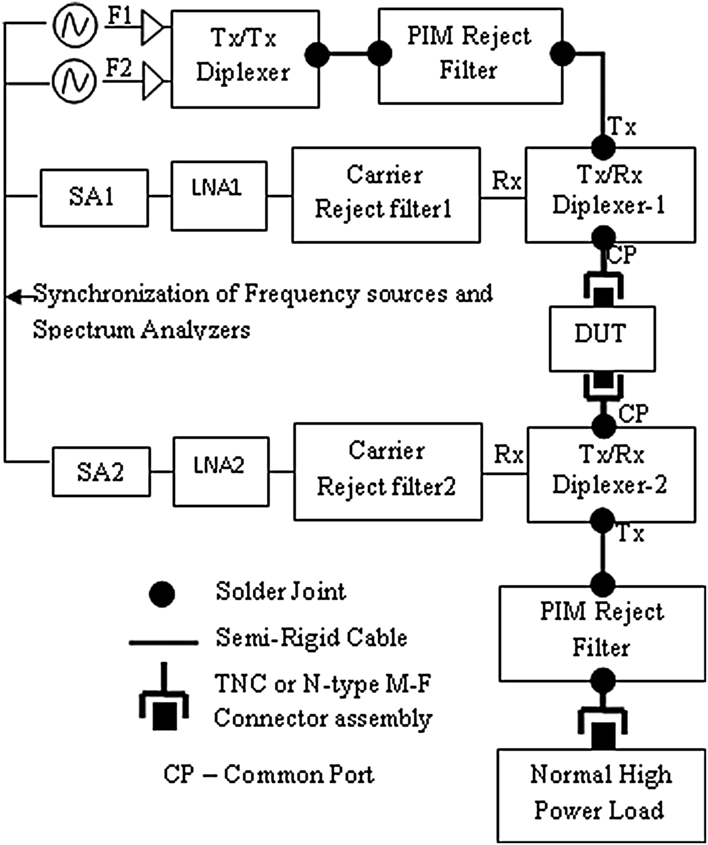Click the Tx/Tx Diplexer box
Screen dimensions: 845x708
(245, 59)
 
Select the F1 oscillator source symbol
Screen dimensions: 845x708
(75, 25)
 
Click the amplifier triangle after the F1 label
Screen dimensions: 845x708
(152, 26)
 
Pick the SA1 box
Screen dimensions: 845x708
(94, 197)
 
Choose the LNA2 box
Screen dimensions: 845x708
(221, 472)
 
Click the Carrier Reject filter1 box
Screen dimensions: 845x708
(385, 195)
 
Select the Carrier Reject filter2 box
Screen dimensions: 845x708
(388, 472)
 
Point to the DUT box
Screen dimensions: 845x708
(602, 339)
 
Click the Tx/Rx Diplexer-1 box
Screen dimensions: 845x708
(610, 195)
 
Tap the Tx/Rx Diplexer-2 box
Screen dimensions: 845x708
(611, 474)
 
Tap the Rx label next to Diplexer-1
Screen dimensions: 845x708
(506, 181)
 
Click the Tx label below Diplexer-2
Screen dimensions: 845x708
(631, 534)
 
